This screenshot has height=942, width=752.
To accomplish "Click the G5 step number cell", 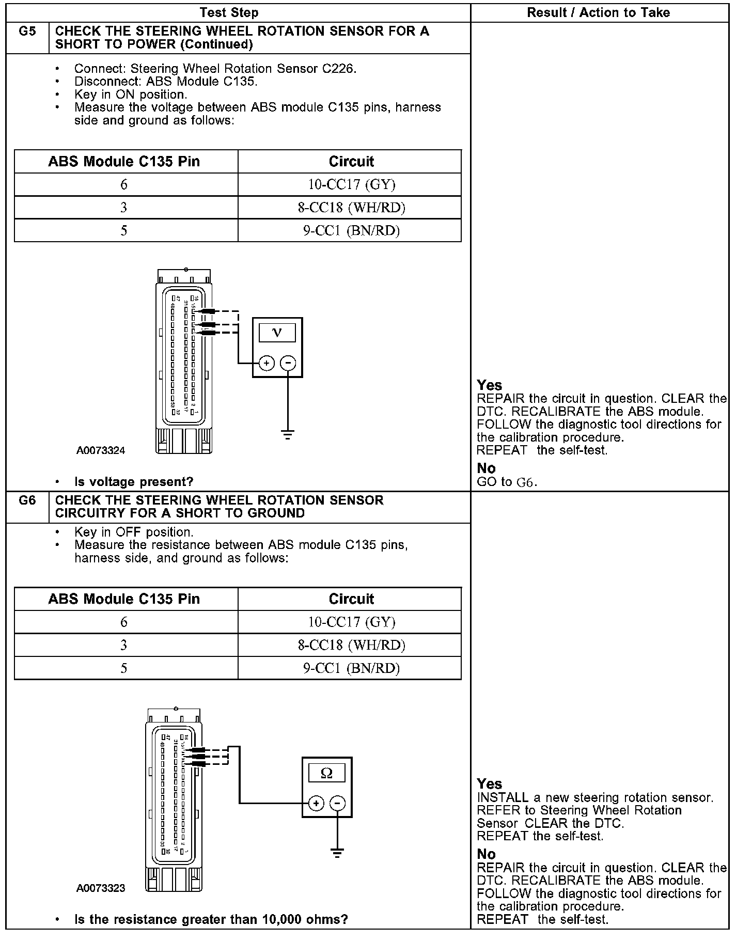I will [27, 32].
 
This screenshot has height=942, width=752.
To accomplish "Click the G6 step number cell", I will [27, 501].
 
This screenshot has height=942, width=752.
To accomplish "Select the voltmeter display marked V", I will [277, 333].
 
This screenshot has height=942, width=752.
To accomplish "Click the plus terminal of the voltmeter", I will [266, 363].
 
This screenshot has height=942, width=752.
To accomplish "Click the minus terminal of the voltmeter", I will [288, 363].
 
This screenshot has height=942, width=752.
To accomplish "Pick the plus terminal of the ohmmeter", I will [316, 803].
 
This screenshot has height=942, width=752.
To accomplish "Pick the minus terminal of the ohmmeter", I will [337, 803].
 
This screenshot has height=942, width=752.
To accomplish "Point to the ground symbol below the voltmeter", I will [288, 435].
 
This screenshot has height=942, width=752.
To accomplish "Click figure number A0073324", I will [101, 450].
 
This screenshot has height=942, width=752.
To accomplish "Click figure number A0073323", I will [101, 888].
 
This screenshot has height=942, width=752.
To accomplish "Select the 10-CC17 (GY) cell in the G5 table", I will [351, 184].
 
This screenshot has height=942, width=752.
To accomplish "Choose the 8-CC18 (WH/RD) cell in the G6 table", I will [351, 645].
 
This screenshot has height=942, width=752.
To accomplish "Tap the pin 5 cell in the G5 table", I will [124, 230].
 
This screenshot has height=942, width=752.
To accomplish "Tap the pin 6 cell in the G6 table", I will [124, 622].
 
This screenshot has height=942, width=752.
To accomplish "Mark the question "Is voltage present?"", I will [134, 482].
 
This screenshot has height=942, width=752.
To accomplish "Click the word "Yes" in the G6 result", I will [489, 784].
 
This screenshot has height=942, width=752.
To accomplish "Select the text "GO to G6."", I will [507, 482].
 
